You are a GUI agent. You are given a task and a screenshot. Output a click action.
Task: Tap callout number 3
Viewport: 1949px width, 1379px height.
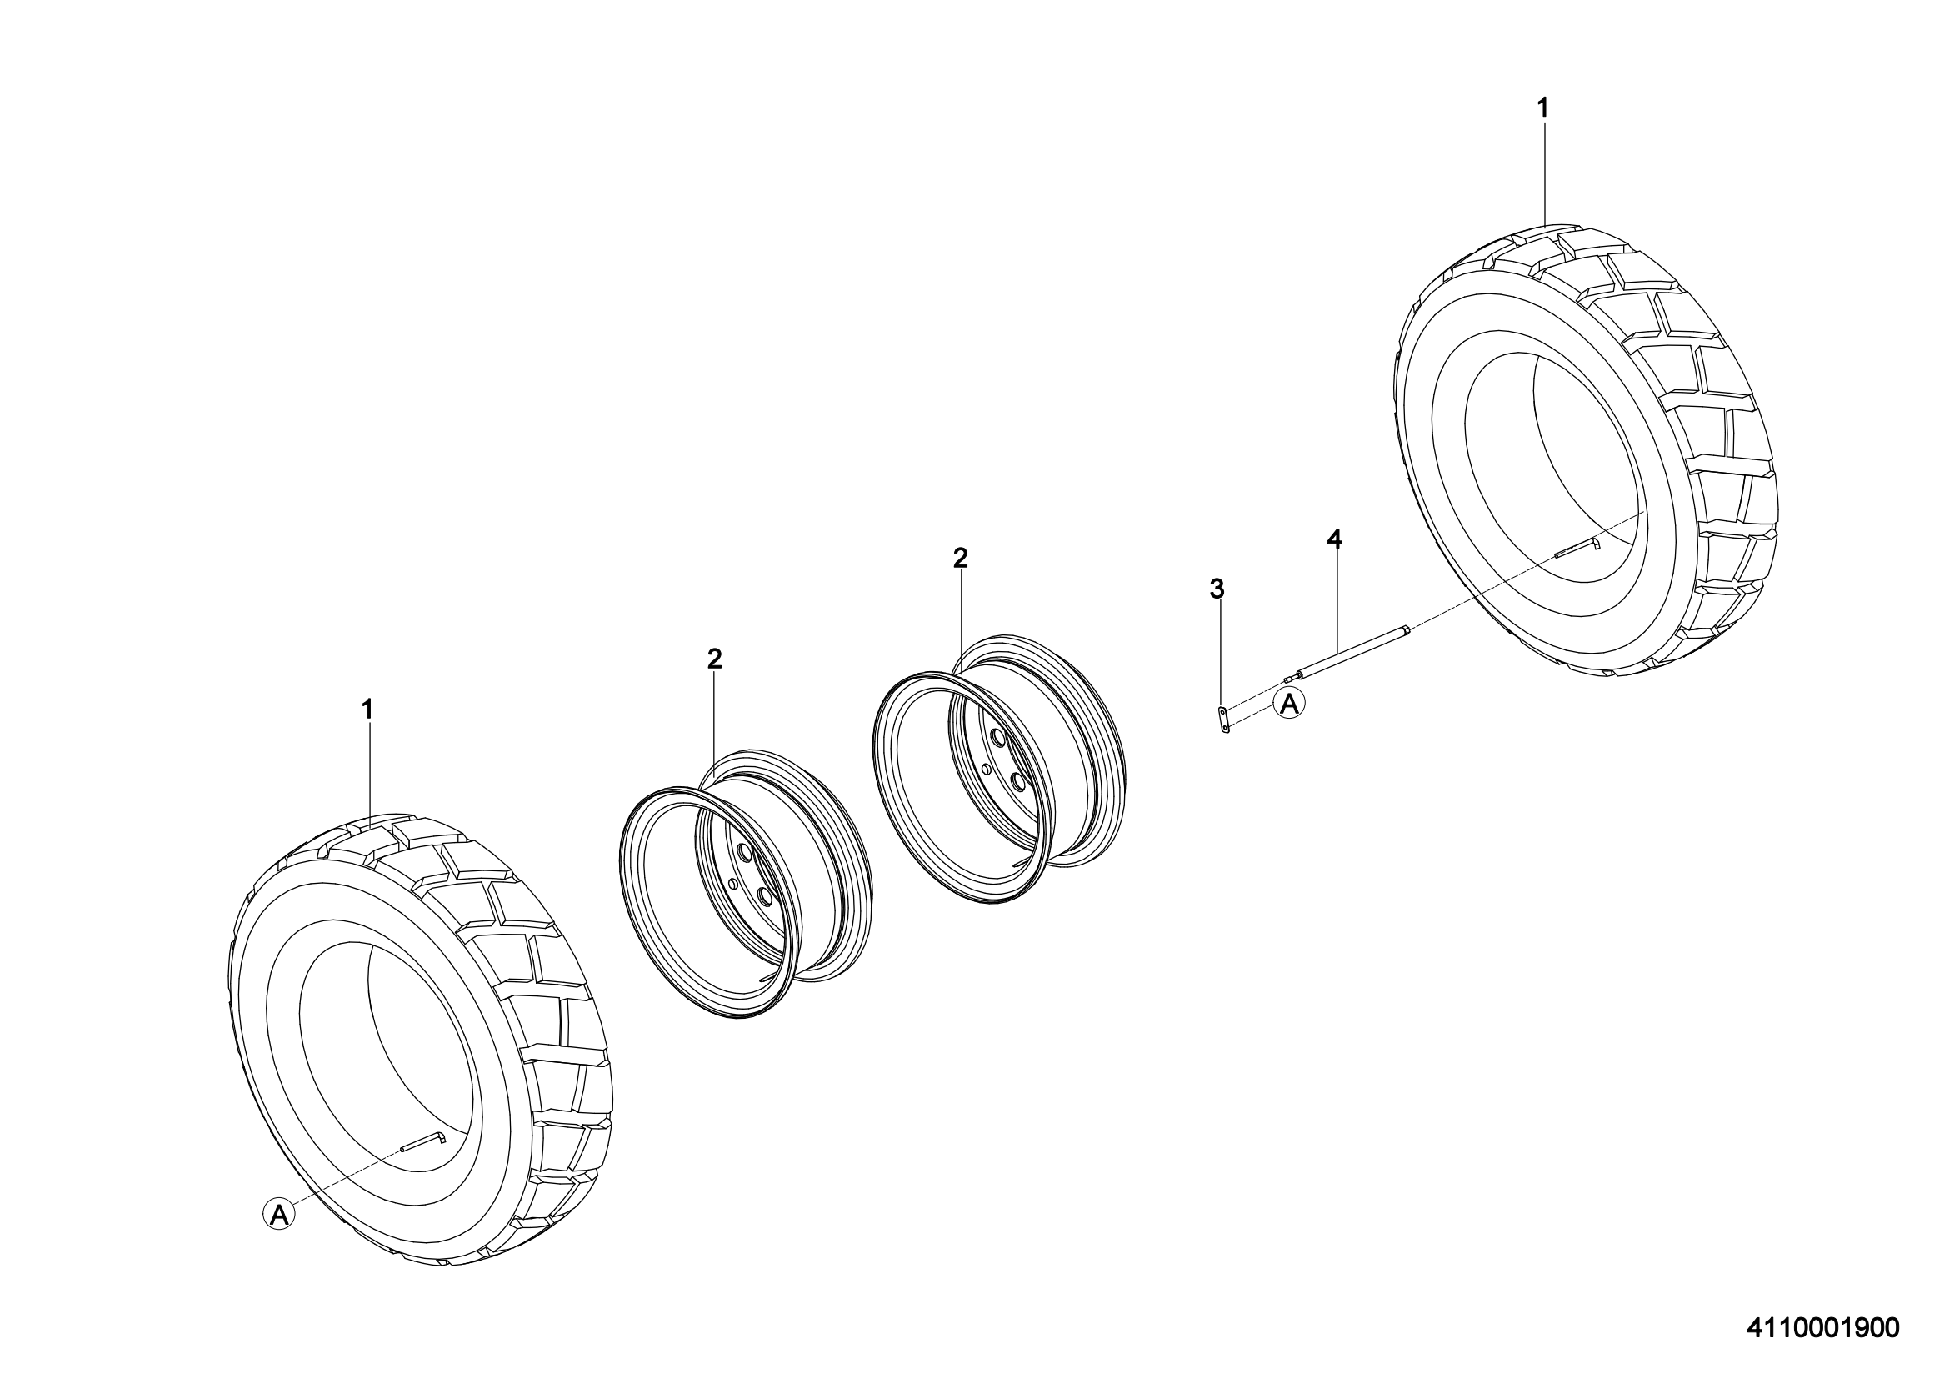(x=1217, y=589)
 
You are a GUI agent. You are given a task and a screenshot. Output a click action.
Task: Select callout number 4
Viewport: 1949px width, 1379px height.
(x=1334, y=539)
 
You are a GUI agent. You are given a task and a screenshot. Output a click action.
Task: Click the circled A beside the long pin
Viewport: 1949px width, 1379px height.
(x=1288, y=704)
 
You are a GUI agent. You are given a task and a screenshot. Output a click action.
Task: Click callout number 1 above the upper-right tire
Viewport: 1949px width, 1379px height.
(x=1543, y=108)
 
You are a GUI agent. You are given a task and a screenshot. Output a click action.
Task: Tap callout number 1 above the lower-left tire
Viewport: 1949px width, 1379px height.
(x=367, y=709)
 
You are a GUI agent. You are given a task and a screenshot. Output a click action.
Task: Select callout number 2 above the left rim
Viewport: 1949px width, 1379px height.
(x=714, y=658)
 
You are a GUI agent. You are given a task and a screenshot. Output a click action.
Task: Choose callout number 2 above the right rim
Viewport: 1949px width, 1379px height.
(x=960, y=558)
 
